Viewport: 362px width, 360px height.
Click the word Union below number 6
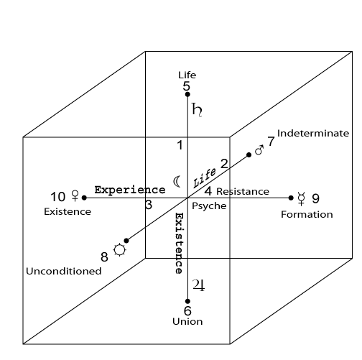[x=187, y=321]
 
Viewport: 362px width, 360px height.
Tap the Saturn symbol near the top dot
[x=197, y=110]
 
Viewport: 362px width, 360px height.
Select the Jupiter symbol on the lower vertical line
[x=199, y=285]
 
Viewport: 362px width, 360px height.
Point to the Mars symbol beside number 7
[x=259, y=150]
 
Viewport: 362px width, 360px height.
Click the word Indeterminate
[x=313, y=133]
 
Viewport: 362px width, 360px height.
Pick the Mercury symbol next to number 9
[x=302, y=198]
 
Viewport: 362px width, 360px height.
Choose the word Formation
[x=307, y=214]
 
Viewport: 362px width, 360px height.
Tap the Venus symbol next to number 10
[x=75, y=195]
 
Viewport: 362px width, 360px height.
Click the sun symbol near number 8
[x=120, y=250]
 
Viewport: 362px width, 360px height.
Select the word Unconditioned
[x=64, y=271]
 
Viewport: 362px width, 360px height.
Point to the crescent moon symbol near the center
[x=177, y=182]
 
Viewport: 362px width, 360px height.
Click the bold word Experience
[x=130, y=190]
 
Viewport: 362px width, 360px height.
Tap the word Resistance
[x=243, y=192]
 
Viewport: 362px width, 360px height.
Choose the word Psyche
[x=209, y=206]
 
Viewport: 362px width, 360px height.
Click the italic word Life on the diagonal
[x=204, y=178]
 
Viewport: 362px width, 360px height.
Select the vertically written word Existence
[x=179, y=243]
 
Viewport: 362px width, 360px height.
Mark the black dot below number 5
[x=187, y=94]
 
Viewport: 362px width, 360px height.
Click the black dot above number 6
[x=187, y=301]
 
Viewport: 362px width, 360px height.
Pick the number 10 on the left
[x=57, y=197]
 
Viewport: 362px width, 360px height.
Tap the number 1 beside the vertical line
[x=180, y=145]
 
